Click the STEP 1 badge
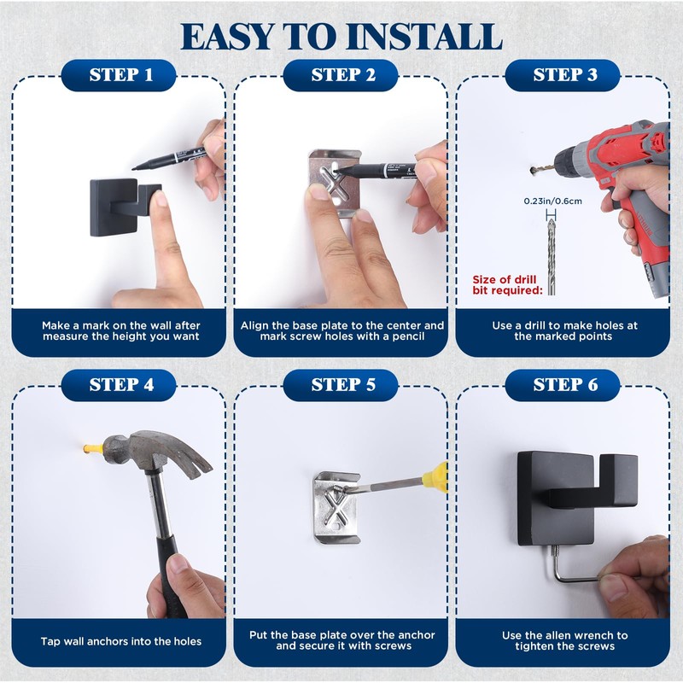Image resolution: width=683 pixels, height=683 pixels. [x=119, y=75]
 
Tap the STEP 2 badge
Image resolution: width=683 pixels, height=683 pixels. [x=341, y=75]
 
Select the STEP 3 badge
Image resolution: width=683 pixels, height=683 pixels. [x=563, y=75]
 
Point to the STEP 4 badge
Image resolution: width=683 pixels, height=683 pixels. [x=119, y=385]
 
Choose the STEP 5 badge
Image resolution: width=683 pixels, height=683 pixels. [x=341, y=385]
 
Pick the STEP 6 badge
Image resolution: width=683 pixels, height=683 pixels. [x=563, y=385]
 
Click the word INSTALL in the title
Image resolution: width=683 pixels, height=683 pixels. [x=425, y=37]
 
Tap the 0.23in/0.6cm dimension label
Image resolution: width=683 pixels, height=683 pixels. [x=552, y=201]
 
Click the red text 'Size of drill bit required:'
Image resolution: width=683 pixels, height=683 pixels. [x=507, y=285]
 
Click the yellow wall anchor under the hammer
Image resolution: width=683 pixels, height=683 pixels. [x=93, y=449]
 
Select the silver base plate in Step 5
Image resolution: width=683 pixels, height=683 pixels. [x=336, y=507]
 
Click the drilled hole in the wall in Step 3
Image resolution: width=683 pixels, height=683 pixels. [x=533, y=169]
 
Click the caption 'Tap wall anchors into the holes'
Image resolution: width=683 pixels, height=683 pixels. [x=121, y=641]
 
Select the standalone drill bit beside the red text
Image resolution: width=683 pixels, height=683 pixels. [x=552, y=257]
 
